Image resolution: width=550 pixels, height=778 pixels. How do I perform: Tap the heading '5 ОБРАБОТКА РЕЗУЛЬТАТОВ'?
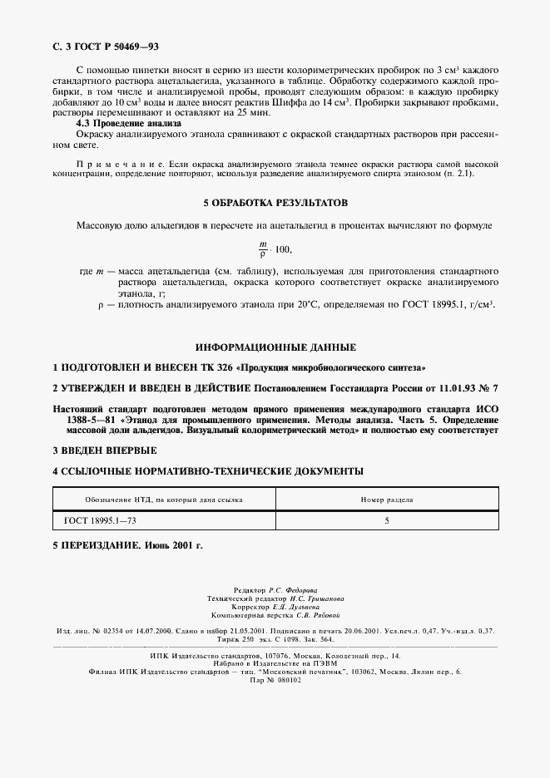275,203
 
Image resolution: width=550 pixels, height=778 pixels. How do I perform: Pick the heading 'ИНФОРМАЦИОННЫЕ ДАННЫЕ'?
275,347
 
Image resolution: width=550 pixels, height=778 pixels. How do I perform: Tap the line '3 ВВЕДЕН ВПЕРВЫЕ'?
104,450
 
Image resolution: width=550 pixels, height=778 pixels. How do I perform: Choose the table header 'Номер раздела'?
386,500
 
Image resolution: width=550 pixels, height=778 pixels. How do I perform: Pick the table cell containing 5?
386,520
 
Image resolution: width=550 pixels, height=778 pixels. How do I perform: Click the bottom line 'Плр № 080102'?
275,678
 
